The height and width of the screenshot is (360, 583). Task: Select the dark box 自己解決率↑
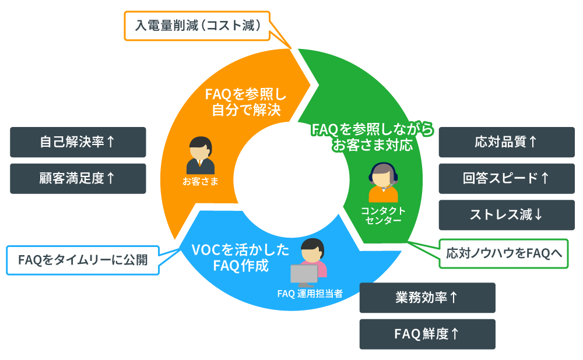point(78,142)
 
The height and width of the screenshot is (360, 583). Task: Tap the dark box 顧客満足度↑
point(78,178)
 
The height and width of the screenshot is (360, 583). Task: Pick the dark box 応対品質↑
point(506,142)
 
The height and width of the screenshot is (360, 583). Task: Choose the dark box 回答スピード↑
point(506,178)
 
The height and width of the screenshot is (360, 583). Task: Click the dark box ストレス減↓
point(506,214)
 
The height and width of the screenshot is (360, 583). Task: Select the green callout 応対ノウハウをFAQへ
point(503,253)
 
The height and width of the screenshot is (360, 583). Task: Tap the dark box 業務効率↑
point(427,298)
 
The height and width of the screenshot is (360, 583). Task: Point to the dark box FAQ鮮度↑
point(427,334)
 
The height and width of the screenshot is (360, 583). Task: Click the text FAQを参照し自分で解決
point(246,101)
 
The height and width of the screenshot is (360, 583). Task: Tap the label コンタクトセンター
point(382,216)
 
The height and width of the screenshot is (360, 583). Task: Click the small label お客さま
point(200,181)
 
